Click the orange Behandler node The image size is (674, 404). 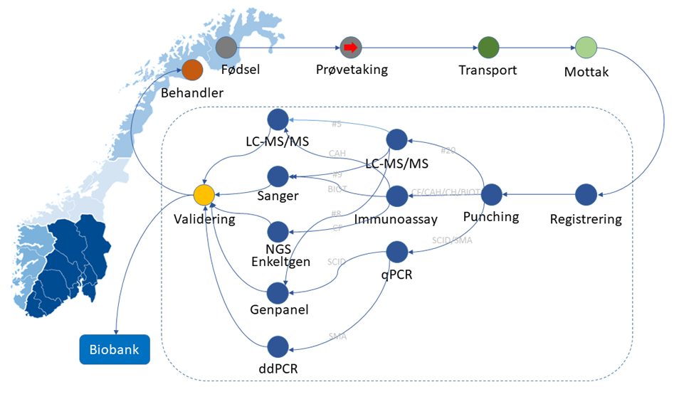point(192,70)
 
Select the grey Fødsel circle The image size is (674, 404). point(226,48)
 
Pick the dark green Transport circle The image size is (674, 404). point(488,48)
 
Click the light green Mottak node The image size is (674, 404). point(586,48)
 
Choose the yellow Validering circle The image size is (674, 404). point(204,194)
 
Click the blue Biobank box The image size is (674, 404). point(114,349)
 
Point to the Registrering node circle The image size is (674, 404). point(586,194)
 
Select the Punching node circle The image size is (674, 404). point(492,194)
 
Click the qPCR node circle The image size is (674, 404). point(396,251)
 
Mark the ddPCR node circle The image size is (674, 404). point(278,347)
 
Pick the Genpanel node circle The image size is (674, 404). point(278,292)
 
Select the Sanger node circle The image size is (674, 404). point(278,176)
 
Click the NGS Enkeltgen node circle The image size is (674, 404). point(278,231)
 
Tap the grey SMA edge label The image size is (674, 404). point(337,336)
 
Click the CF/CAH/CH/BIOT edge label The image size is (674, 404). point(445,193)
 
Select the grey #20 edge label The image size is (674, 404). point(448,151)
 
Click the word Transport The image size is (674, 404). point(488,70)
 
